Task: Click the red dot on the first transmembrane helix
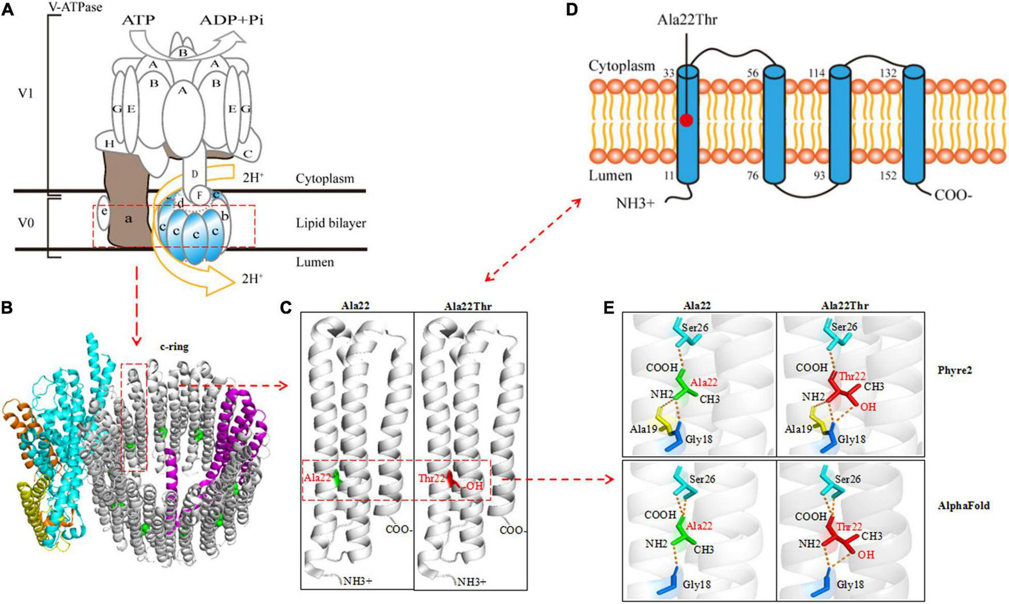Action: (687, 120)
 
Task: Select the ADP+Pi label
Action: (232, 21)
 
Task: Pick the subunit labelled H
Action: (109, 144)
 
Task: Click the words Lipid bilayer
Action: (331, 223)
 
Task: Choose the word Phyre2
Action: (955, 370)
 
